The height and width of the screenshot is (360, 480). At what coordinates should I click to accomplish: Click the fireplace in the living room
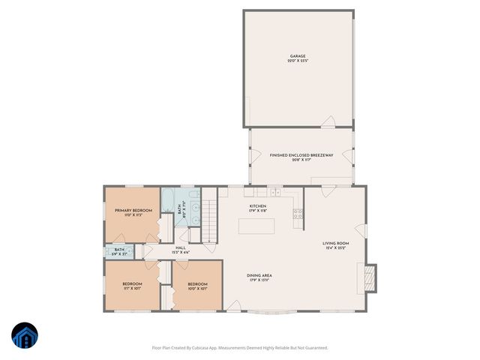coord(368,278)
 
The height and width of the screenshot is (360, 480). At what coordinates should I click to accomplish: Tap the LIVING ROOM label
coord(336,244)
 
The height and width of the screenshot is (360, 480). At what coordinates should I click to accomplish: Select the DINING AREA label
coord(259,276)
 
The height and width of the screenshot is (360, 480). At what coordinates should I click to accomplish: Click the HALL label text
coord(181,248)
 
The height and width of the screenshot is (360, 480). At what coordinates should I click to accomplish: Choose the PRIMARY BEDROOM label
coord(133,211)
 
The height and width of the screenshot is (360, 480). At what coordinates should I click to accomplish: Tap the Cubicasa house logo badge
coord(24,337)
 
